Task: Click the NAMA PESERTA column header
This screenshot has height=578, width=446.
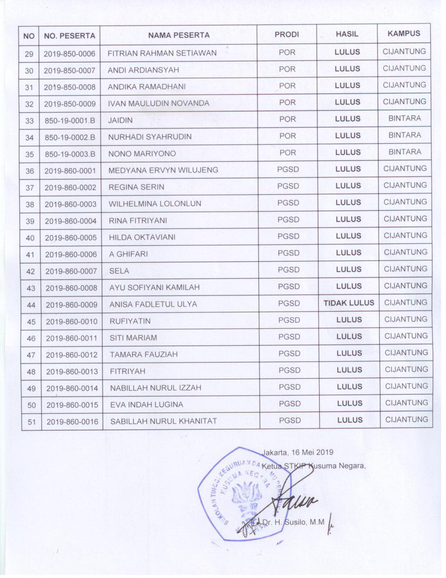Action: click(179, 35)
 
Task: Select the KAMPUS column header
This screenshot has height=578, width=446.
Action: click(404, 33)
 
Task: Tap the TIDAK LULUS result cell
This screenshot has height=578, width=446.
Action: click(349, 303)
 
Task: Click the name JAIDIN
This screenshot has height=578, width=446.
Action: click(119, 120)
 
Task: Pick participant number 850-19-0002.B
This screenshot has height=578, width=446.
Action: click(70, 137)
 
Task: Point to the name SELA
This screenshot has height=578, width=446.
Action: click(119, 271)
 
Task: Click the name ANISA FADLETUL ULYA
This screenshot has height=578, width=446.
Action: click(153, 304)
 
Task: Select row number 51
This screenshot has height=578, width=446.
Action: click(31, 422)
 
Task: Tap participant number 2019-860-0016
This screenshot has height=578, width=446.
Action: click(72, 422)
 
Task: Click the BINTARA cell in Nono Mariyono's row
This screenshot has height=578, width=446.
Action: click(404, 152)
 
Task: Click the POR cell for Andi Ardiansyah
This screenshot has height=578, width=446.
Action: click(287, 69)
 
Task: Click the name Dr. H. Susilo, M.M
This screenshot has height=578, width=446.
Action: click(294, 522)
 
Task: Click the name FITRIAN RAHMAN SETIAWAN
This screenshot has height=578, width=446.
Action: click(162, 53)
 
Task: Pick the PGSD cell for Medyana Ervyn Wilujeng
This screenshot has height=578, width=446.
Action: click(288, 169)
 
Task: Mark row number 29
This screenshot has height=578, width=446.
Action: click(29, 54)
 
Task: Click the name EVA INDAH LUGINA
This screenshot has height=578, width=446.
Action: click(147, 405)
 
